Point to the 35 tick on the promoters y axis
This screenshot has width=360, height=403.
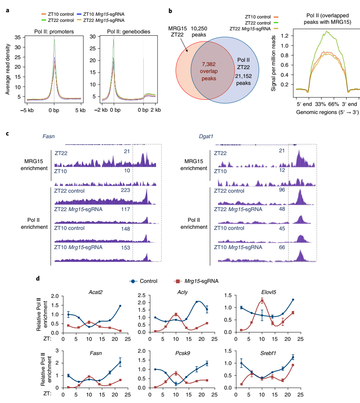17,38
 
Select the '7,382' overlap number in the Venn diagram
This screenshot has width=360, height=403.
208,64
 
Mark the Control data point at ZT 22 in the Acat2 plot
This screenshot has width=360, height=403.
120,306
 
